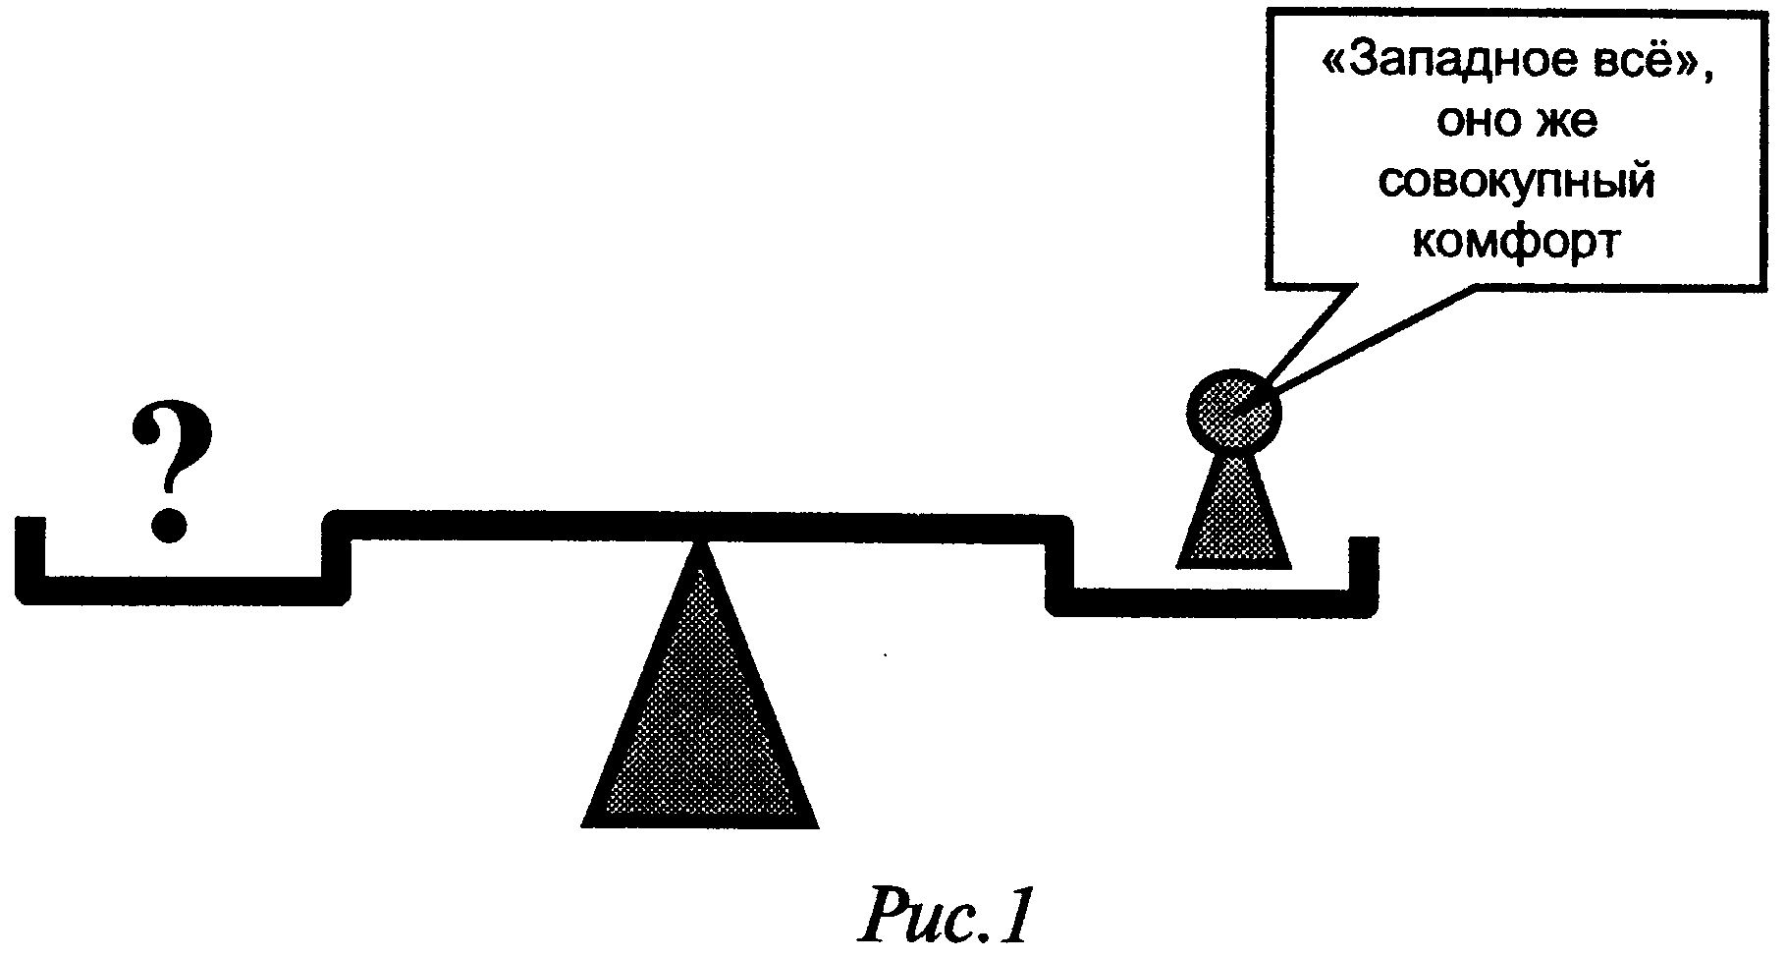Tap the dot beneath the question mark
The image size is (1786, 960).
point(170,523)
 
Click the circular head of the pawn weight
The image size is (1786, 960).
point(1234,413)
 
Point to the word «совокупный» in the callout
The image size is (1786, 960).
point(1517,183)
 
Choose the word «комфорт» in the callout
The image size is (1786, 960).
point(1515,241)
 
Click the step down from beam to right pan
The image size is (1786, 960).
point(1059,565)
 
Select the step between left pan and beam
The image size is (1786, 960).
point(337,555)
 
